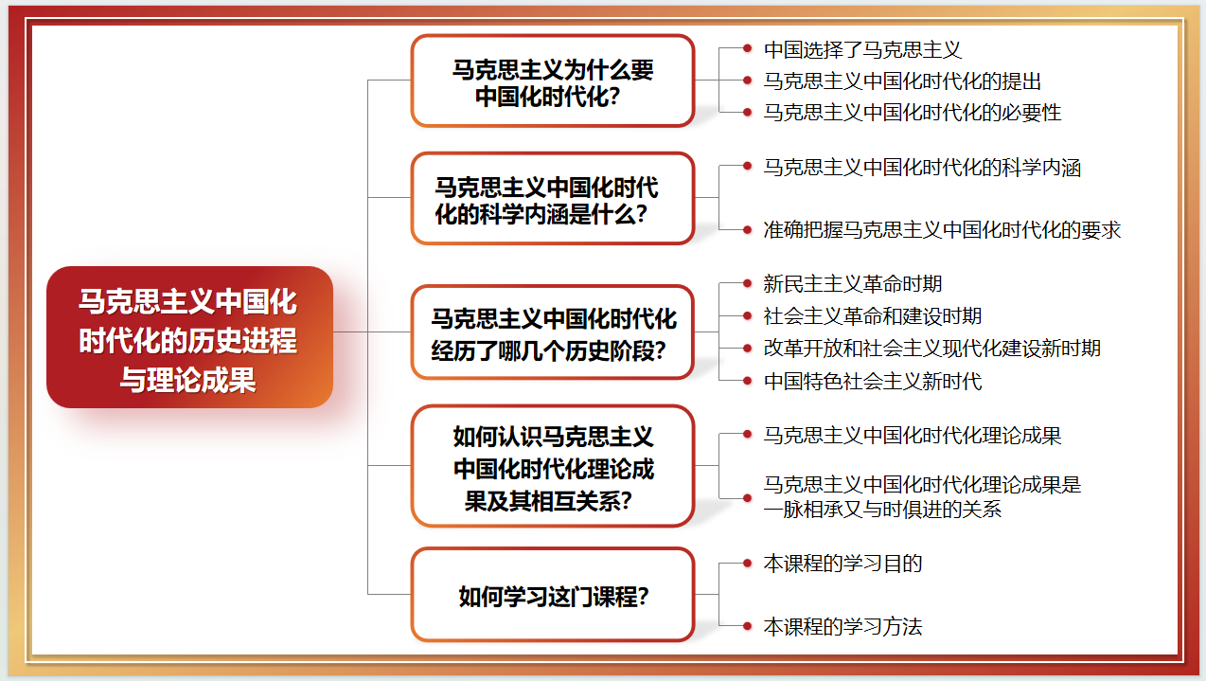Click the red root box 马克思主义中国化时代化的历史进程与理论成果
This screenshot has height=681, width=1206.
tap(189, 337)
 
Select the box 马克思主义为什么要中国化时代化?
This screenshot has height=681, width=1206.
tap(553, 81)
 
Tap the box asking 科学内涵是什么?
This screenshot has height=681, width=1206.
tap(553, 199)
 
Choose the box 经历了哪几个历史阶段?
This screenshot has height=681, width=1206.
tap(553, 332)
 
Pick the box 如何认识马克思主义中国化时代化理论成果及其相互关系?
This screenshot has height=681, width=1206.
tap(553, 466)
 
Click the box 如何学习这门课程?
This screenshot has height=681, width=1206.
tap(553, 596)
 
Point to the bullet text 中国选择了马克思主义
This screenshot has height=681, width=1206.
tap(862, 49)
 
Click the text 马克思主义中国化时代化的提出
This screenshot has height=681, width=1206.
tap(902, 81)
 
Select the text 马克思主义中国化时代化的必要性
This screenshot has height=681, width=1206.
tap(913, 112)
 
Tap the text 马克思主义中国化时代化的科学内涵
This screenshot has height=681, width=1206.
tap(922, 168)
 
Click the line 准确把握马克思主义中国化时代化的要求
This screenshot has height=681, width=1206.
tap(942, 229)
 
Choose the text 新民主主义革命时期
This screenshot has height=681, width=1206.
tap(853, 283)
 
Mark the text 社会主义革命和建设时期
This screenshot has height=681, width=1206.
tap(873, 315)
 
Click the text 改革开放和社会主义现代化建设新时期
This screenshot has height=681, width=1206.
tap(932, 348)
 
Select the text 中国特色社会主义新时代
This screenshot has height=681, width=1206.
tap(873, 381)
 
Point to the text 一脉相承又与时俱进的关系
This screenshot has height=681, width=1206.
tap(882, 509)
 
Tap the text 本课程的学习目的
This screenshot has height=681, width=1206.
tap(842, 564)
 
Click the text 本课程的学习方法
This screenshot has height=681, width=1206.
tap(842, 626)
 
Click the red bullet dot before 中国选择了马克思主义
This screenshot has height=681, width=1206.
tap(748, 47)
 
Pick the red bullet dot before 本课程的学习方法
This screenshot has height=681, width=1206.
tap(748, 625)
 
